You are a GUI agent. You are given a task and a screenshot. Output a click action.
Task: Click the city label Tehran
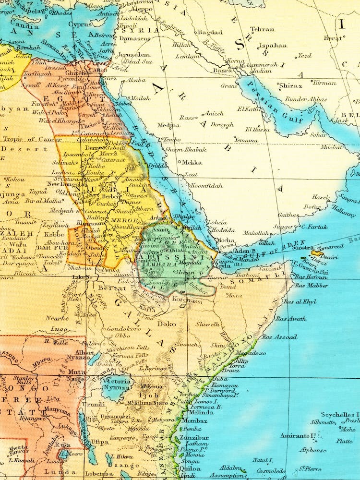click(262, 29)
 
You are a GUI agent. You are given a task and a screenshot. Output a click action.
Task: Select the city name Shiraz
click(291, 86)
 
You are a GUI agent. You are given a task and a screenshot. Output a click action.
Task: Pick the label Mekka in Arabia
click(192, 162)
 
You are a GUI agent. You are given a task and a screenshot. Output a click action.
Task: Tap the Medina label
click(168, 125)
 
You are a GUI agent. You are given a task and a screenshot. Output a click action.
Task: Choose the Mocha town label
click(226, 240)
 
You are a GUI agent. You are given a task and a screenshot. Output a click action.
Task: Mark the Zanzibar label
click(194, 438)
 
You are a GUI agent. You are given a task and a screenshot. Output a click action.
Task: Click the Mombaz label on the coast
click(194, 421)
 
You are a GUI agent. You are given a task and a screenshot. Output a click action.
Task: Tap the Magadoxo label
click(251, 353)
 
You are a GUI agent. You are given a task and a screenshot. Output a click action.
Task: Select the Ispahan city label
click(273, 46)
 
